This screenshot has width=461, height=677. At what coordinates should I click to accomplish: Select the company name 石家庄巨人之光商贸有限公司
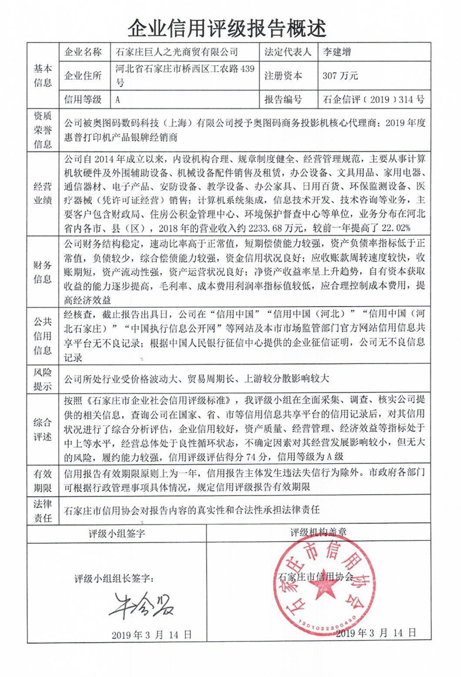[x=176, y=52]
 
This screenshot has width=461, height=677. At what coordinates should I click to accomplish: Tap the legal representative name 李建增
[x=338, y=52]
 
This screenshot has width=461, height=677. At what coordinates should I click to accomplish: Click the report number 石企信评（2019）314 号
[x=375, y=99]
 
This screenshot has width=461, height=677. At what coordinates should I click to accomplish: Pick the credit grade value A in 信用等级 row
[x=118, y=99]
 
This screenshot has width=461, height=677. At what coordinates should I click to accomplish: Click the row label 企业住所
[x=84, y=75]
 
